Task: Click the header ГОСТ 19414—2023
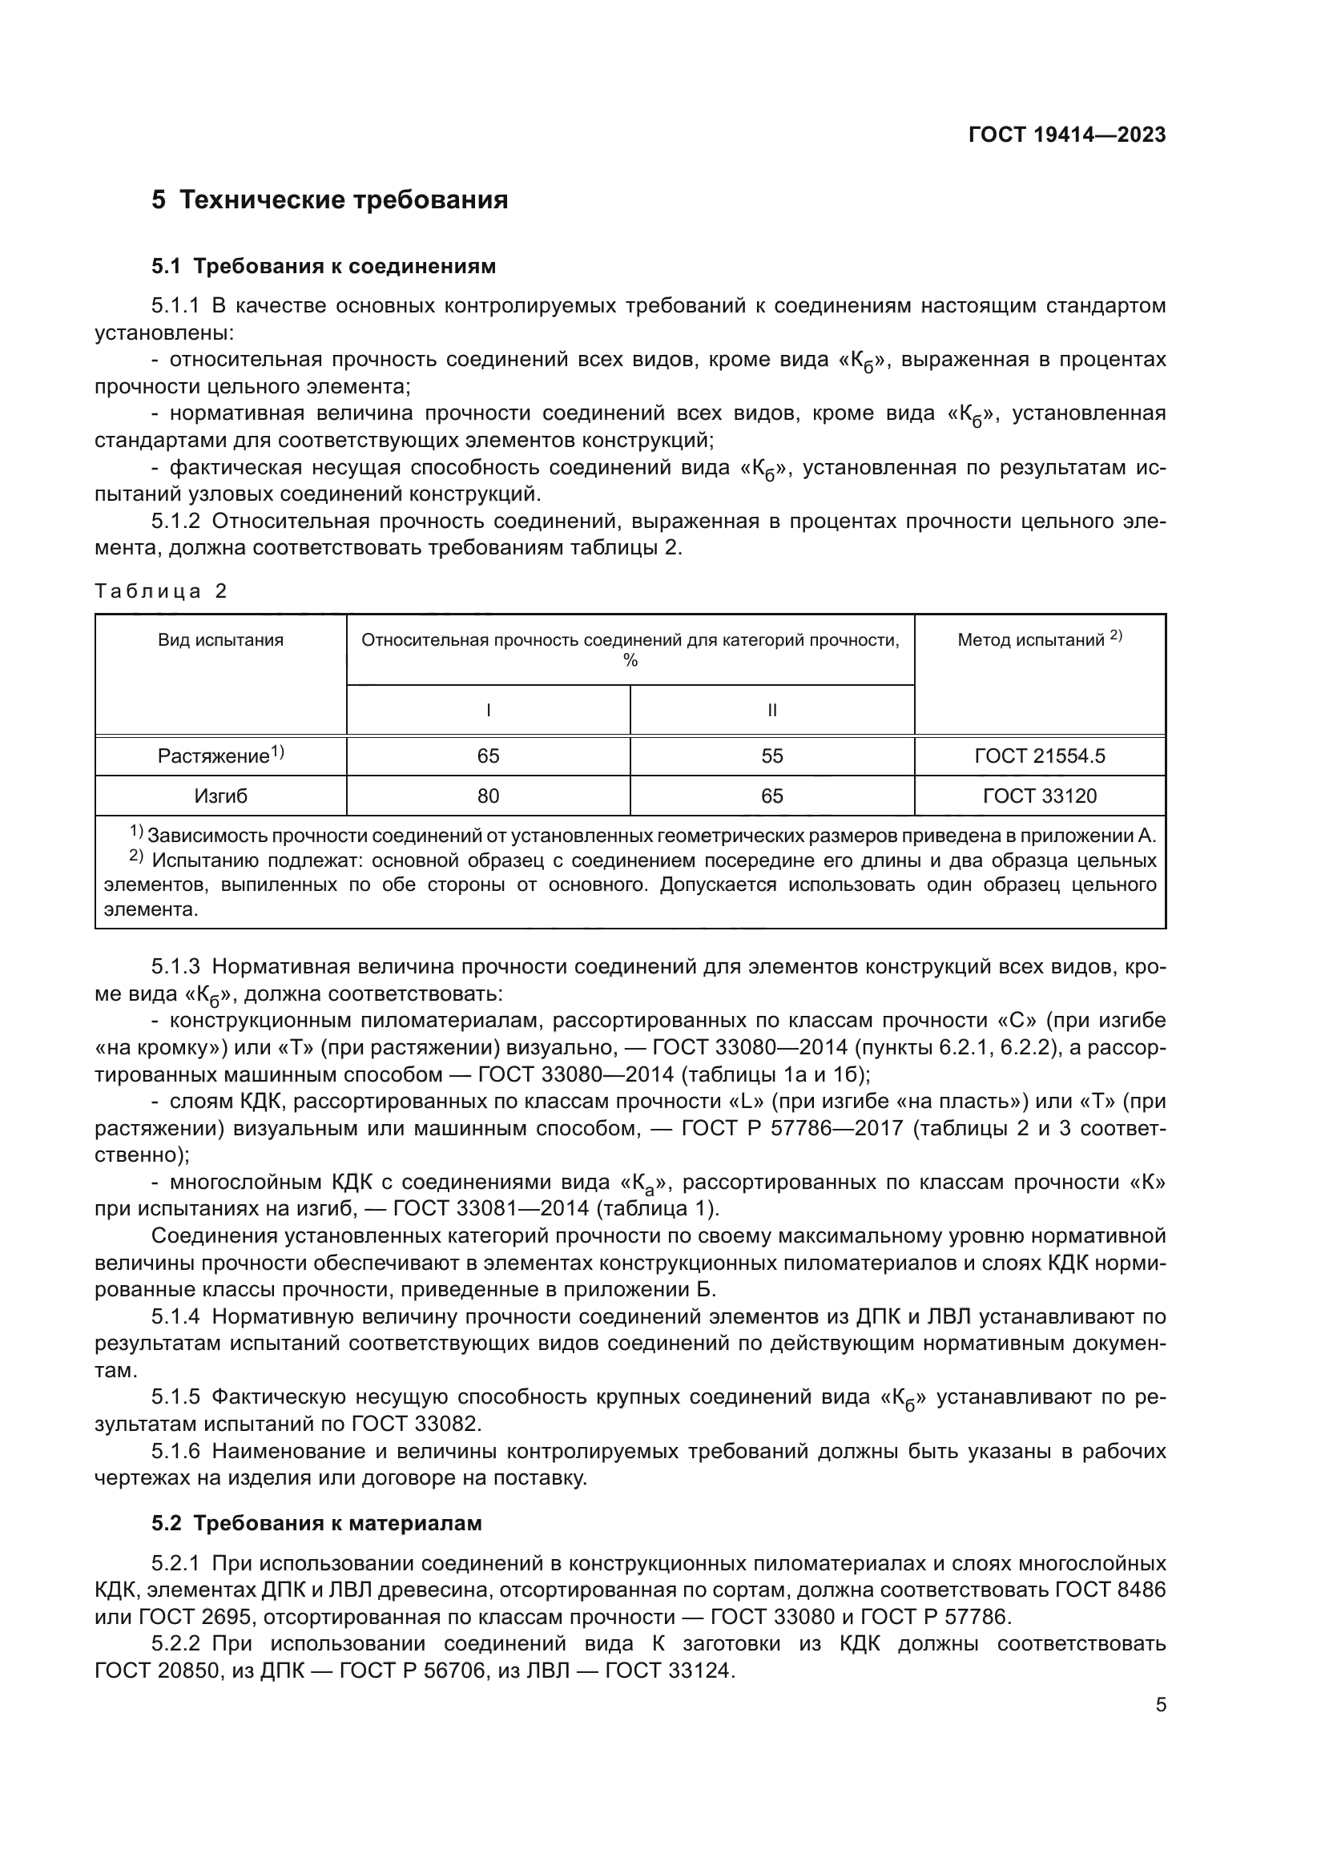tap(1066, 135)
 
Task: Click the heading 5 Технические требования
tap(329, 200)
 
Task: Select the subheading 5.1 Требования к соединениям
tap(323, 266)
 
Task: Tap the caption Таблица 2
tap(161, 591)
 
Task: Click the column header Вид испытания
tap(220, 640)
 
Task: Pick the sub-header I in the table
tap(488, 710)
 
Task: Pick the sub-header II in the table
tap(771, 710)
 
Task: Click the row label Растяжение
tap(214, 756)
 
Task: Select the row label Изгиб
tap(220, 796)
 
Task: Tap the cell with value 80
tap(488, 796)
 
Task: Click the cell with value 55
tap(771, 756)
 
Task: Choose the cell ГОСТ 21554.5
tap(1040, 756)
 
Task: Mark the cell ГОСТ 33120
tap(1040, 796)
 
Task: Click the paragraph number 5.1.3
tap(175, 967)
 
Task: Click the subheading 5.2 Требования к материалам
tap(316, 1523)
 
